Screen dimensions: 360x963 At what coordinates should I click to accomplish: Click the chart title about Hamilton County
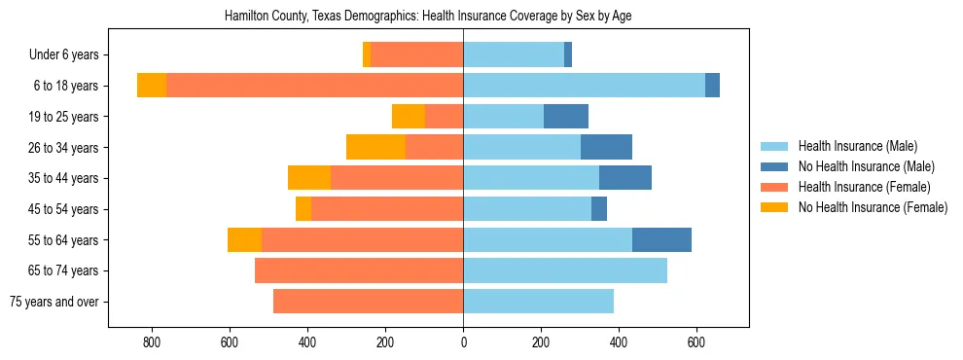click(x=428, y=17)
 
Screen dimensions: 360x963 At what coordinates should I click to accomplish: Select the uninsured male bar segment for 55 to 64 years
click(x=661, y=239)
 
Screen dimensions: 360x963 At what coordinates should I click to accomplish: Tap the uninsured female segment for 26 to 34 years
click(x=375, y=147)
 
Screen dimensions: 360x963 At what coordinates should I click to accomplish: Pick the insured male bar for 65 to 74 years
click(x=564, y=270)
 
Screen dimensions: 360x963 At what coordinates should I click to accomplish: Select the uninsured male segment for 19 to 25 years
click(x=566, y=117)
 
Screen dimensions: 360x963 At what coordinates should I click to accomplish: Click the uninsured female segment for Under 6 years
click(x=367, y=54)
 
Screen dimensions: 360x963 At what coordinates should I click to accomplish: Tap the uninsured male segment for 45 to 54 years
click(x=599, y=209)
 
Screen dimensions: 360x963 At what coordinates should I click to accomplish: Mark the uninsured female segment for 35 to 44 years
click(x=309, y=178)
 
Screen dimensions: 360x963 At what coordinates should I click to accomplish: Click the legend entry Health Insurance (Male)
click(x=857, y=146)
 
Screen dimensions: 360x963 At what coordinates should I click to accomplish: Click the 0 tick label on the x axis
click(x=463, y=342)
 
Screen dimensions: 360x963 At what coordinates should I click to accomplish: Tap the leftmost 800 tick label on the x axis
click(x=152, y=342)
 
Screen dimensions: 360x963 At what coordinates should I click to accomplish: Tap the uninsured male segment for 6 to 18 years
click(x=712, y=86)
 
